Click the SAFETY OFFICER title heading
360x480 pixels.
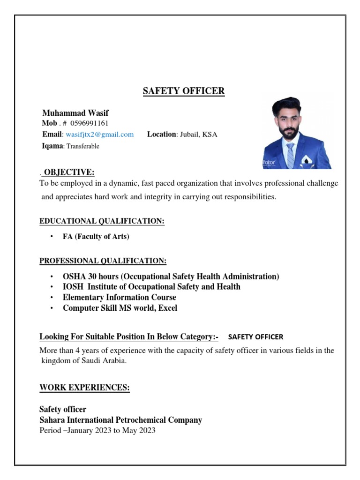(184, 91)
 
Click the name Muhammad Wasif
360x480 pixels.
(75, 113)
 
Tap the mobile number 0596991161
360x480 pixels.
(90, 123)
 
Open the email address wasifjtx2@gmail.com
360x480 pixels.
(99, 135)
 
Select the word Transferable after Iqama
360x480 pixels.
(83, 146)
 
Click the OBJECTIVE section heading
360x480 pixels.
(69, 172)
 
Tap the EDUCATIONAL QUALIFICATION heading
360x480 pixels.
(102, 221)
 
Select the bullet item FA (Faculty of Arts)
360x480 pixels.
(96, 237)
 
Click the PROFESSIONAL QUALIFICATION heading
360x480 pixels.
(103, 261)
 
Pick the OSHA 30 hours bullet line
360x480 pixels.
(171, 277)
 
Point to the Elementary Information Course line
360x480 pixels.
(120, 297)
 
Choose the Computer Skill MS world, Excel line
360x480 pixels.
(120, 308)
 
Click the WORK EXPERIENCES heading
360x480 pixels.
(84, 387)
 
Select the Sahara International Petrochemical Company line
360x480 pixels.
(120, 420)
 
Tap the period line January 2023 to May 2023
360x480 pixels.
(97, 430)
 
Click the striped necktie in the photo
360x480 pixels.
(290, 155)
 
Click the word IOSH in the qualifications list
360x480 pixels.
(73, 287)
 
